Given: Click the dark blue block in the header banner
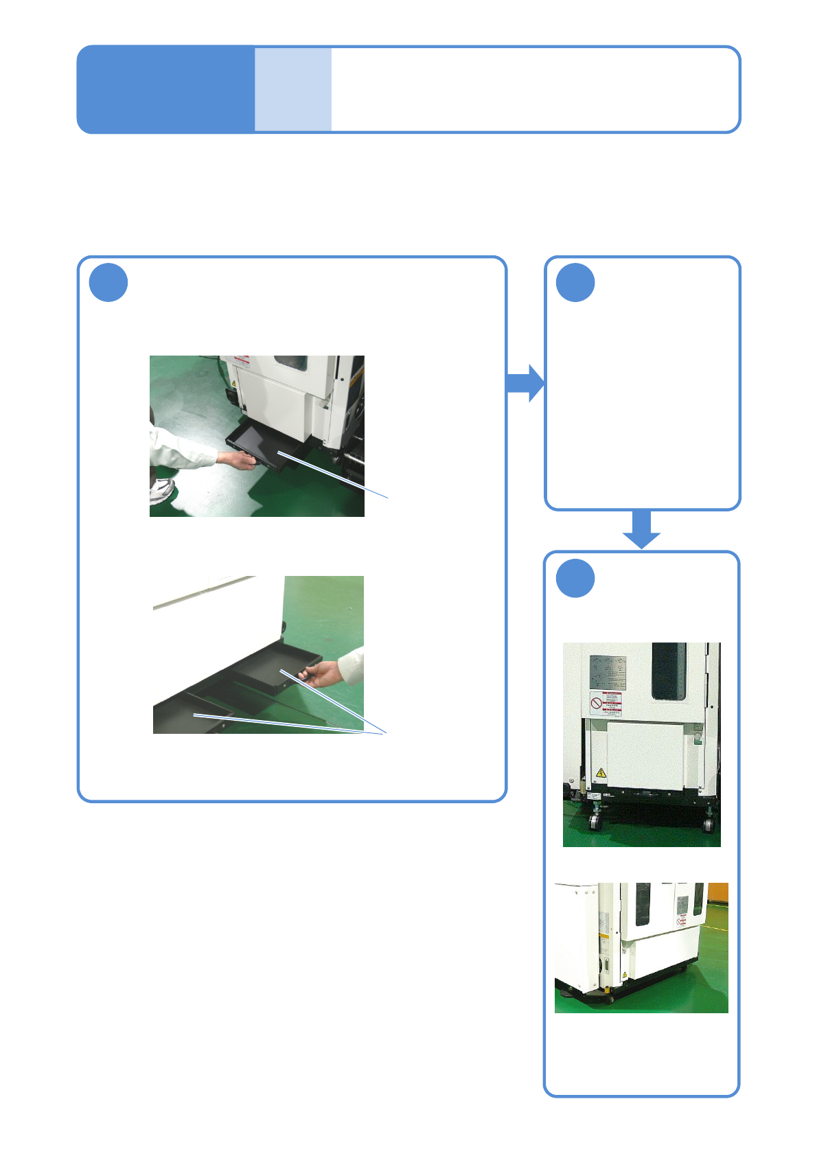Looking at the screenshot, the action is [165, 89].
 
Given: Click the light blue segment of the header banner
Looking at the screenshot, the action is [293, 89].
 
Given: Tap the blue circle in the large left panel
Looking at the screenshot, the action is [108, 282].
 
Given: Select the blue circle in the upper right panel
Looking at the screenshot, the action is [575, 282].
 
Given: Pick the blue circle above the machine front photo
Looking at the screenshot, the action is [575, 578].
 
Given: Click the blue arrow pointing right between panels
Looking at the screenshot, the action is [525, 383].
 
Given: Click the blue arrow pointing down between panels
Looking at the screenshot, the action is [641, 529].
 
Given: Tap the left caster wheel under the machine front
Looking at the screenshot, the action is [595, 820].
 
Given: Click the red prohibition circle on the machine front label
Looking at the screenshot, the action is [596, 704].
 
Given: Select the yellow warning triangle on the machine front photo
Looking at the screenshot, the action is [601, 773].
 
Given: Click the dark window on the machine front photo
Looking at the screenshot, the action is [668, 671].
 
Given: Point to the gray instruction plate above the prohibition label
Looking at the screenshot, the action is [608, 673].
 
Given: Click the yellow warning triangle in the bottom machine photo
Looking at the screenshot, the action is [624, 975].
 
